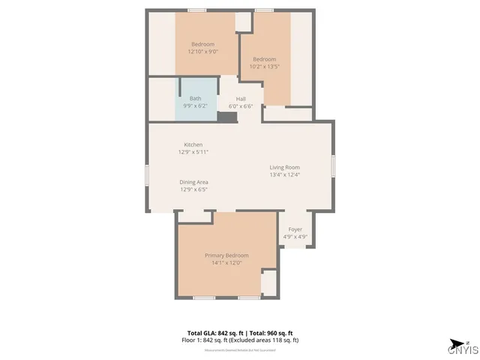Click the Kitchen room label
(193, 145)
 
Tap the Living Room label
(285, 167)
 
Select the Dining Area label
(193, 182)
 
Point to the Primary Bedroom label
(227, 256)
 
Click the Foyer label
(295, 229)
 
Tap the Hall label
(241, 99)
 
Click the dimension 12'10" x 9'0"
(202, 52)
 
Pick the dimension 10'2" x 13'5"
(264, 67)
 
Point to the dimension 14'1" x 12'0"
(227, 263)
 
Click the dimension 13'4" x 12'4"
(285, 175)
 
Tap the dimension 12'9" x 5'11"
(193, 152)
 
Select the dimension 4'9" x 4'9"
(295, 237)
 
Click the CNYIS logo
(462, 347)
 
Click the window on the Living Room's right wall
(334, 165)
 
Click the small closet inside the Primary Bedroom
(268, 283)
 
